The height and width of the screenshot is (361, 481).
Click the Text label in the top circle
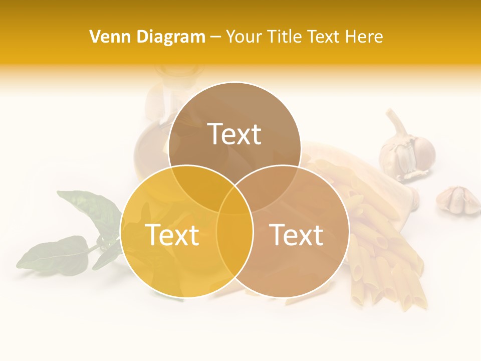tap(234, 134)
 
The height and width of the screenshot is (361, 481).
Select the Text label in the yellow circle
tap(172, 235)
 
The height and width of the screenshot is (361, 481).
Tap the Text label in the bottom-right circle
tap(297, 235)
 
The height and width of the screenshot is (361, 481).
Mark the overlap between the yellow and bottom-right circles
tap(234, 251)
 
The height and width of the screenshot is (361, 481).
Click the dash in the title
tap(215, 37)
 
